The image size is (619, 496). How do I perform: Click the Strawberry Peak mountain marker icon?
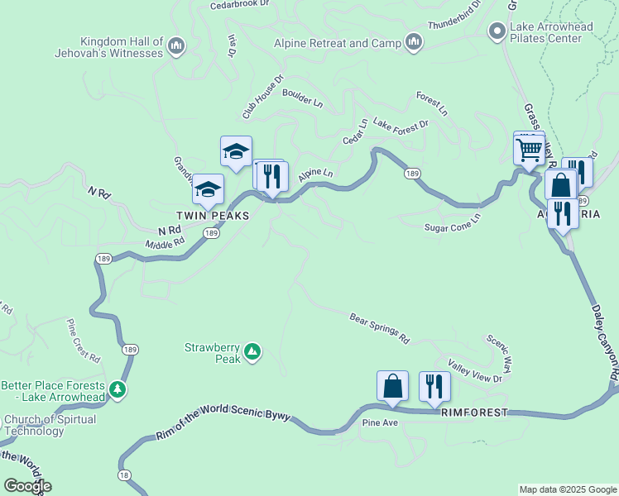[252, 353]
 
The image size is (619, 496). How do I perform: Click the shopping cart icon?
[528, 150]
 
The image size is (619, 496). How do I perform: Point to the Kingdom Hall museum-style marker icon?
[175, 47]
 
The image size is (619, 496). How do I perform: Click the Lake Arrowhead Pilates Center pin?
[497, 32]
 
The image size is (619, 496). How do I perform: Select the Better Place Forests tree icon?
[117, 389]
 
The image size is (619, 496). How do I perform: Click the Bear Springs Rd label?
[380, 328]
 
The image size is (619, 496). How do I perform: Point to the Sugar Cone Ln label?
[452, 227]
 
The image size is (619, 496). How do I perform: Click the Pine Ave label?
[381, 423]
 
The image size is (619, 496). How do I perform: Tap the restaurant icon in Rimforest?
[434, 385]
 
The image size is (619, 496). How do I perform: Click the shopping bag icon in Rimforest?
[392, 385]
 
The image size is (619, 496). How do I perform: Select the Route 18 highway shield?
[124, 475]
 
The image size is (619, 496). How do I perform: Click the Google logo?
[27, 486]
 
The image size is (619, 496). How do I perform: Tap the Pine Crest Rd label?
[83, 340]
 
